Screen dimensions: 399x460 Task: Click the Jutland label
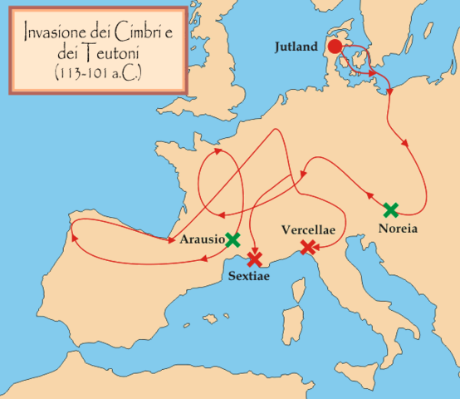tap(295, 47)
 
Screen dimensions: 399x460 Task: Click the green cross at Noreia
tap(391, 210)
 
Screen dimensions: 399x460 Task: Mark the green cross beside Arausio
tap(233, 240)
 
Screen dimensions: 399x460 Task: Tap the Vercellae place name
tap(308, 229)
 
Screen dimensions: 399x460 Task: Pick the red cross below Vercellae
tap(308, 246)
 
